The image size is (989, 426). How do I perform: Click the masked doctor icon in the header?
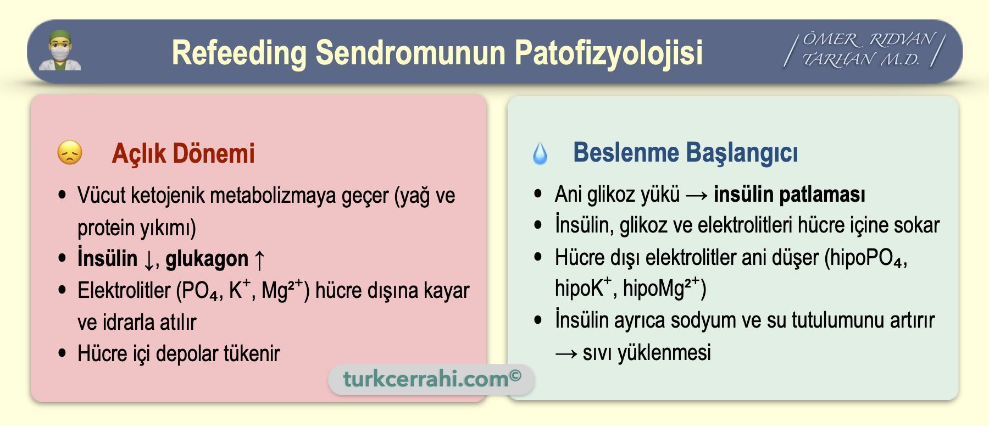click(x=60, y=51)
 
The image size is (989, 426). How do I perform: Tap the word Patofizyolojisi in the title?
click(x=609, y=53)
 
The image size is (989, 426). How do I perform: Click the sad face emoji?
click(x=70, y=153)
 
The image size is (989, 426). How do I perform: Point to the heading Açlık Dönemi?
click(x=183, y=153)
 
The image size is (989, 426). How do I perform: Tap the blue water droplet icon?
click(x=540, y=153)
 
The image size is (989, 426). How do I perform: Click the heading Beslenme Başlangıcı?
click(x=685, y=153)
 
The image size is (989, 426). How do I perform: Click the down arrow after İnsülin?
click(x=148, y=259)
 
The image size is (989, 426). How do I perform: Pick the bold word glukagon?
click(x=207, y=259)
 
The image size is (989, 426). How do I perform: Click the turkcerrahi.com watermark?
click(x=432, y=379)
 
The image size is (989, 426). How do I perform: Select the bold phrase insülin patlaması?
click(x=790, y=195)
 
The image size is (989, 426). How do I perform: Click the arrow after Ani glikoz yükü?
click(x=697, y=195)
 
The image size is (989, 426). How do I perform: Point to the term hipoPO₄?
click(x=865, y=258)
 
